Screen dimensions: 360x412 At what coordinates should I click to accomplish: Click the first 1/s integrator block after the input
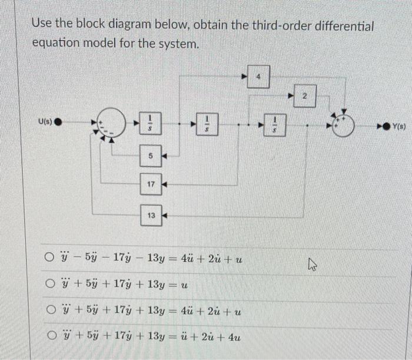(x=151, y=125)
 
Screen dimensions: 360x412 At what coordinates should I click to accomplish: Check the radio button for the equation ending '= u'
(x=51, y=285)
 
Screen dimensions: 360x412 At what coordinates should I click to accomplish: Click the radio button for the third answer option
(x=51, y=311)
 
